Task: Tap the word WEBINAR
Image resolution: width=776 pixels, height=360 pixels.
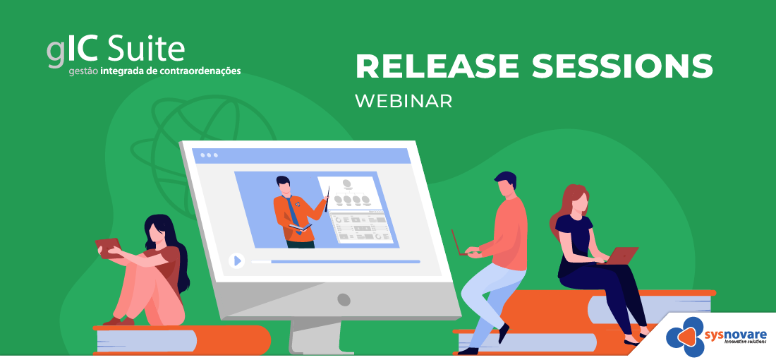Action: click(404, 101)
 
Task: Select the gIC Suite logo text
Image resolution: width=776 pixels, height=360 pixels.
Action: click(116, 51)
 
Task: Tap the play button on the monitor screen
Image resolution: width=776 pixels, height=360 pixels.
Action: click(236, 260)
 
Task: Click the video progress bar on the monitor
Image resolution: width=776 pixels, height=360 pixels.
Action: click(336, 261)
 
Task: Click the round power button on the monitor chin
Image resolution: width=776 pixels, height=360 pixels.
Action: click(344, 299)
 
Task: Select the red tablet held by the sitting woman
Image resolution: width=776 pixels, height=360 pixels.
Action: click(109, 248)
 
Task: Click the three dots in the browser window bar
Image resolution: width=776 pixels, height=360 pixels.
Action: click(209, 155)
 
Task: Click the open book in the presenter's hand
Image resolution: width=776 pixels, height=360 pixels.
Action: click(301, 227)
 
